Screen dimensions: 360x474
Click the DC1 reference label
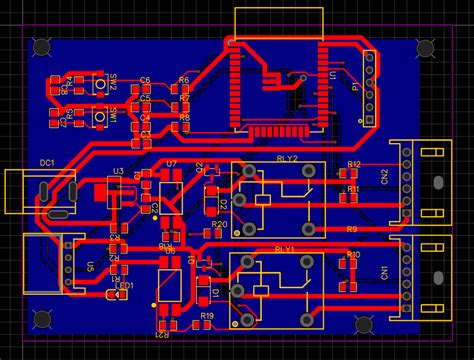[47, 162]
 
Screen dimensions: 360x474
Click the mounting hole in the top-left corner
[43, 46]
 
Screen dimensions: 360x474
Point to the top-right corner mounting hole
[425, 46]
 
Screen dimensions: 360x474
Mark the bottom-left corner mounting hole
[43, 319]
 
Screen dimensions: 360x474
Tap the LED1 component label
[123, 285]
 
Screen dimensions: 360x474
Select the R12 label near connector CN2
[353, 163]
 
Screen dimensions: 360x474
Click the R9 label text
[352, 229]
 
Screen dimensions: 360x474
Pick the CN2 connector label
[384, 177]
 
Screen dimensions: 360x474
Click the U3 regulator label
[118, 172]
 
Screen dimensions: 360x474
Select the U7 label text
[171, 163]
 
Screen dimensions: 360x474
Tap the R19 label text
[207, 315]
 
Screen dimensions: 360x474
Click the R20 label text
[218, 224]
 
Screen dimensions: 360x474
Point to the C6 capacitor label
[145, 80]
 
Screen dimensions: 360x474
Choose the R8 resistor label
[184, 118]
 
